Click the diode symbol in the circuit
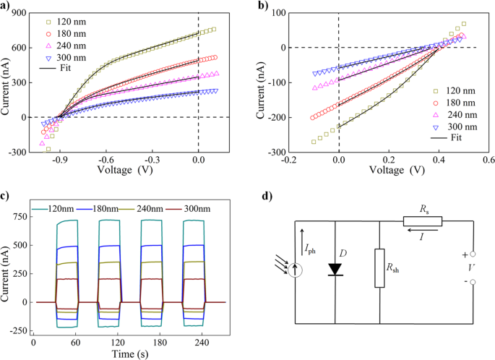pyautogui.click(x=335, y=269)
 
